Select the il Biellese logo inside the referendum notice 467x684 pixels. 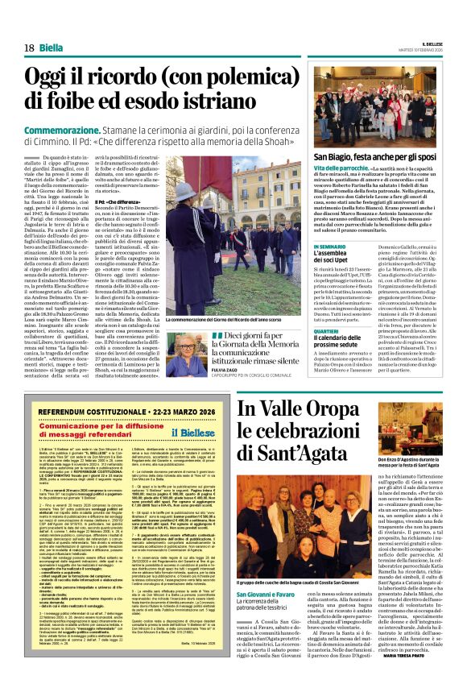(191, 431)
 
